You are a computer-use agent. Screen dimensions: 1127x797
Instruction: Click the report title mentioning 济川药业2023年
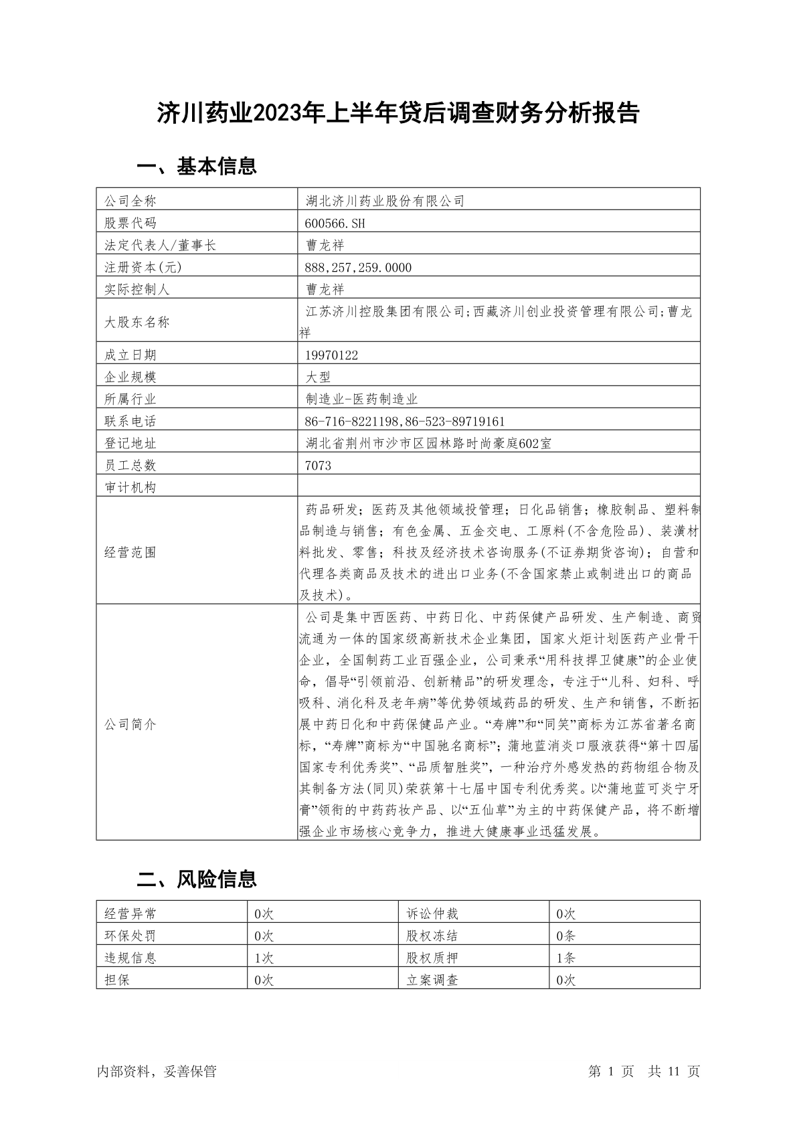click(x=398, y=114)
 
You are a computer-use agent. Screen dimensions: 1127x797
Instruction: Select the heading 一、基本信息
click(x=197, y=166)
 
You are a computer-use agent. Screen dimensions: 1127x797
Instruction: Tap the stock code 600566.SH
click(x=335, y=223)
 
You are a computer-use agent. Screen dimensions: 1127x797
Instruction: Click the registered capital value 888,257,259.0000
click(x=358, y=268)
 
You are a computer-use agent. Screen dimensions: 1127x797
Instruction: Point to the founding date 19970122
click(x=331, y=355)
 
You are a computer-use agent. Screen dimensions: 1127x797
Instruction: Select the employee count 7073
click(x=318, y=466)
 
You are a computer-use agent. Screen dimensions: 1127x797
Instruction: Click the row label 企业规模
click(x=130, y=377)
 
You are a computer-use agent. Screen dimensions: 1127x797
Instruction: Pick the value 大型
click(x=318, y=377)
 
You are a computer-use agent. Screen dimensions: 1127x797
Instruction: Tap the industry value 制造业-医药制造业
click(x=361, y=400)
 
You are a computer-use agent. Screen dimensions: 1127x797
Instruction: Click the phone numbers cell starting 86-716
click(x=405, y=422)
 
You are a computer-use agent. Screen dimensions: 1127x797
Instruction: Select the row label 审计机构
click(x=130, y=488)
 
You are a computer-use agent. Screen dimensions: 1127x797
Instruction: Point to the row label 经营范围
click(x=130, y=553)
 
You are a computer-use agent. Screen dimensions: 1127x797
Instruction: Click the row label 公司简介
click(x=130, y=725)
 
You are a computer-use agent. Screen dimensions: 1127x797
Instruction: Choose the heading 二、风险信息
click(x=197, y=879)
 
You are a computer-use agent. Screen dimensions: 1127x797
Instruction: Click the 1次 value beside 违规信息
click(x=264, y=958)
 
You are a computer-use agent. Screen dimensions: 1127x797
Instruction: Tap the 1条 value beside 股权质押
click(x=565, y=958)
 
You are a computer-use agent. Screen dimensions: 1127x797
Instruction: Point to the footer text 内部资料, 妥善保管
click(x=157, y=1071)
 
